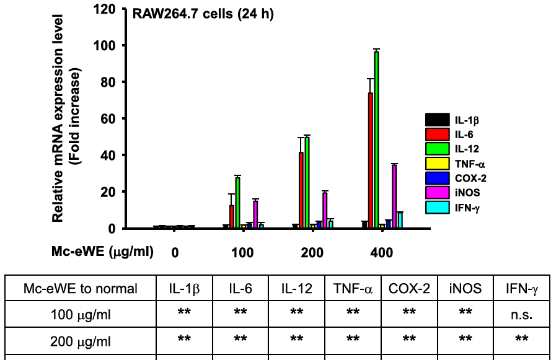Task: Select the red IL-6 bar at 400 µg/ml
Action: [370, 160]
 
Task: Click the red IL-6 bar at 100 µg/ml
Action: [232, 217]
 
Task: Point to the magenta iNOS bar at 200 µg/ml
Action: [325, 210]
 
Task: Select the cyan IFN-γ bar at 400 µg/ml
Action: [400, 220]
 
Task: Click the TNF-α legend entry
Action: [454, 164]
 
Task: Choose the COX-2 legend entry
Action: [454, 178]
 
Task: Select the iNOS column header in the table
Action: [465, 288]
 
